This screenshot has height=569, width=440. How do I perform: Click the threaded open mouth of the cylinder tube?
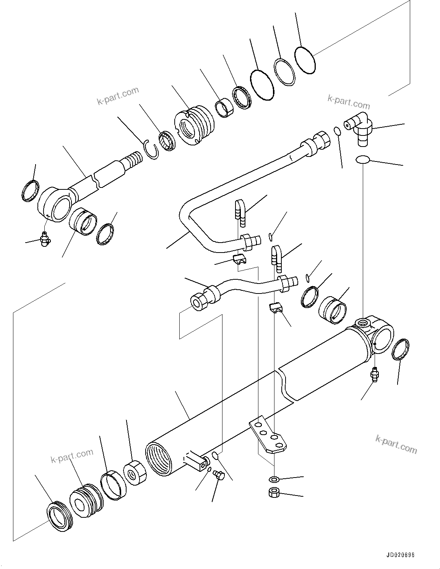tap(157, 459)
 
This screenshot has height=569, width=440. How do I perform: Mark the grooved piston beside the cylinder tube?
tap(86, 499)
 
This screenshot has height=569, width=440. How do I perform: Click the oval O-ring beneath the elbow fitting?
tap(362, 159)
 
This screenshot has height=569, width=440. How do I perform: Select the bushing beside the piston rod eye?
tap(83, 221)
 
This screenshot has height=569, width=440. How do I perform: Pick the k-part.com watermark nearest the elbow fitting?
tap(349, 102)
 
